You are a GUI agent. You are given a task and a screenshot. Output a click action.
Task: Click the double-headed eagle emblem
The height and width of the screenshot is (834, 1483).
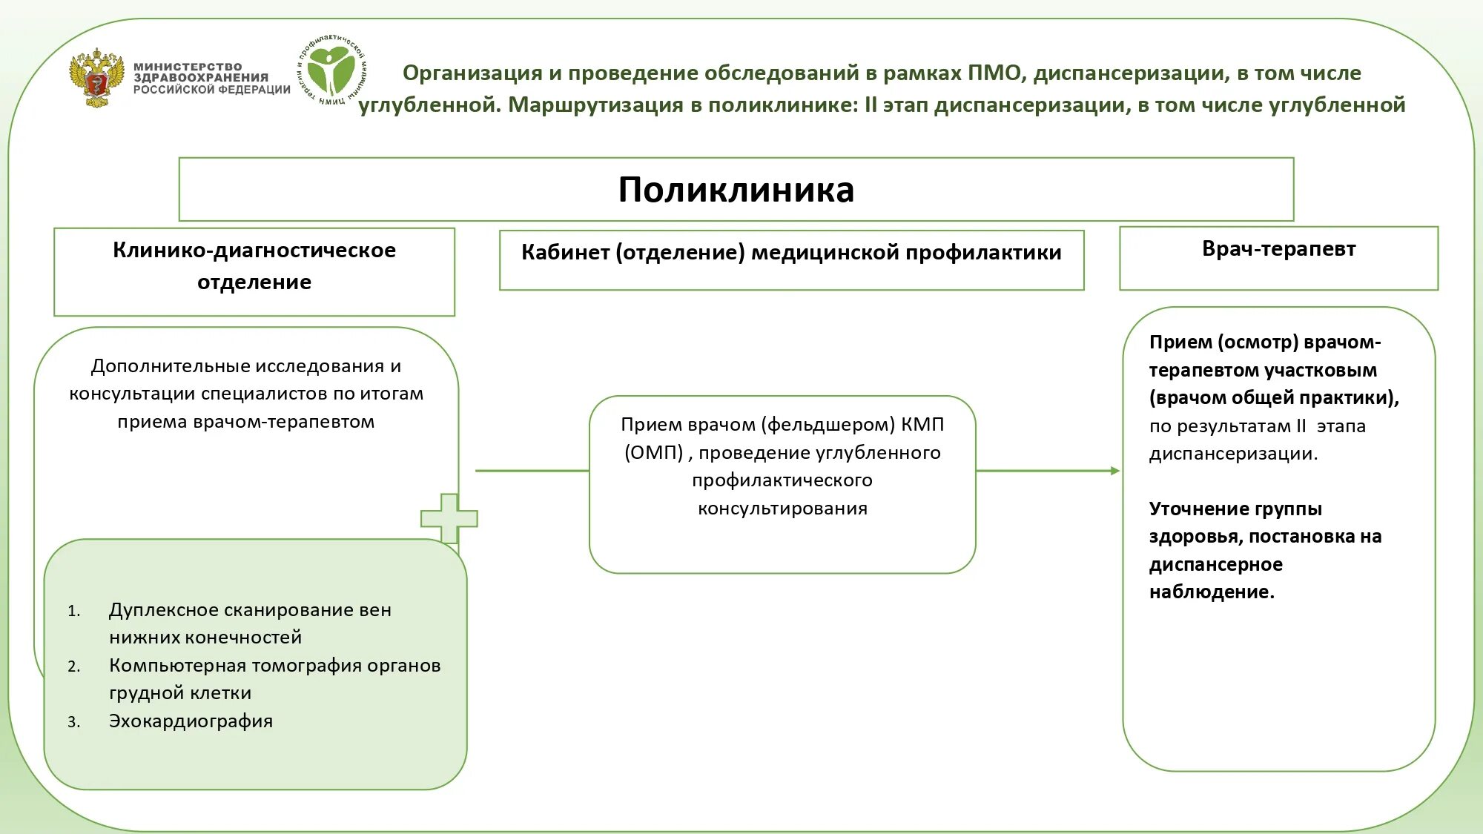[x=96, y=78]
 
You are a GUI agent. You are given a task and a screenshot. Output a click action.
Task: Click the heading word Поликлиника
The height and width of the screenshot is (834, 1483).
[x=736, y=190]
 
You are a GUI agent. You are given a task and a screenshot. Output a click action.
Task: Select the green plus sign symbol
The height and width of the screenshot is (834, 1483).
[x=449, y=517]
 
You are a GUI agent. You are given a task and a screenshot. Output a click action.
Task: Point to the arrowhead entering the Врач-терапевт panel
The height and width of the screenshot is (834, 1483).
[x=1114, y=471]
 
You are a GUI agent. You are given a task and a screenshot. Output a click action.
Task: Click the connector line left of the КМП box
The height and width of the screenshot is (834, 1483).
[x=532, y=471]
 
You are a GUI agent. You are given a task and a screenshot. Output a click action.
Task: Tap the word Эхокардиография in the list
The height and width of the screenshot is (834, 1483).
[x=191, y=721]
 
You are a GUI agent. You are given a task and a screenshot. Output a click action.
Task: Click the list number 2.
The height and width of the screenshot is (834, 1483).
[x=73, y=666]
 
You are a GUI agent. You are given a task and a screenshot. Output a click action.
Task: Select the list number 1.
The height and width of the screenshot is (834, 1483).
[x=73, y=611]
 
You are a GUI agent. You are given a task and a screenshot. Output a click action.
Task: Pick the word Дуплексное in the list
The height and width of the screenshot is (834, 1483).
[x=163, y=610]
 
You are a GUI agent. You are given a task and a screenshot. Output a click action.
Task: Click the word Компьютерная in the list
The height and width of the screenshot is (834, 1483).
[x=177, y=666]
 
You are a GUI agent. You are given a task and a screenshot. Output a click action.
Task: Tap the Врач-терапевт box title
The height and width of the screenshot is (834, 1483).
[x=1278, y=249]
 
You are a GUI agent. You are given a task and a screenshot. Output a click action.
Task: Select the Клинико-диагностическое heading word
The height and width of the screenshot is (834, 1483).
[x=254, y=251]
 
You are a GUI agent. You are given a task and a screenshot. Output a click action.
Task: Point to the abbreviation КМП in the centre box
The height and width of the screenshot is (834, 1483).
[x=922, y=425]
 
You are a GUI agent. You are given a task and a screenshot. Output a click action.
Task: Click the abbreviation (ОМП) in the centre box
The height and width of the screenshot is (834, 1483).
[x=653, y=453]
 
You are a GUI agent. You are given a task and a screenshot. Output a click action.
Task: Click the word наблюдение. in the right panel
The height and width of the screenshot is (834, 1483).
[x=1212, y=592]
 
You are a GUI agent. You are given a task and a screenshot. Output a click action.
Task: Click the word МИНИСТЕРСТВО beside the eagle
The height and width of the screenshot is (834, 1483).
[x=188, y=67]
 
